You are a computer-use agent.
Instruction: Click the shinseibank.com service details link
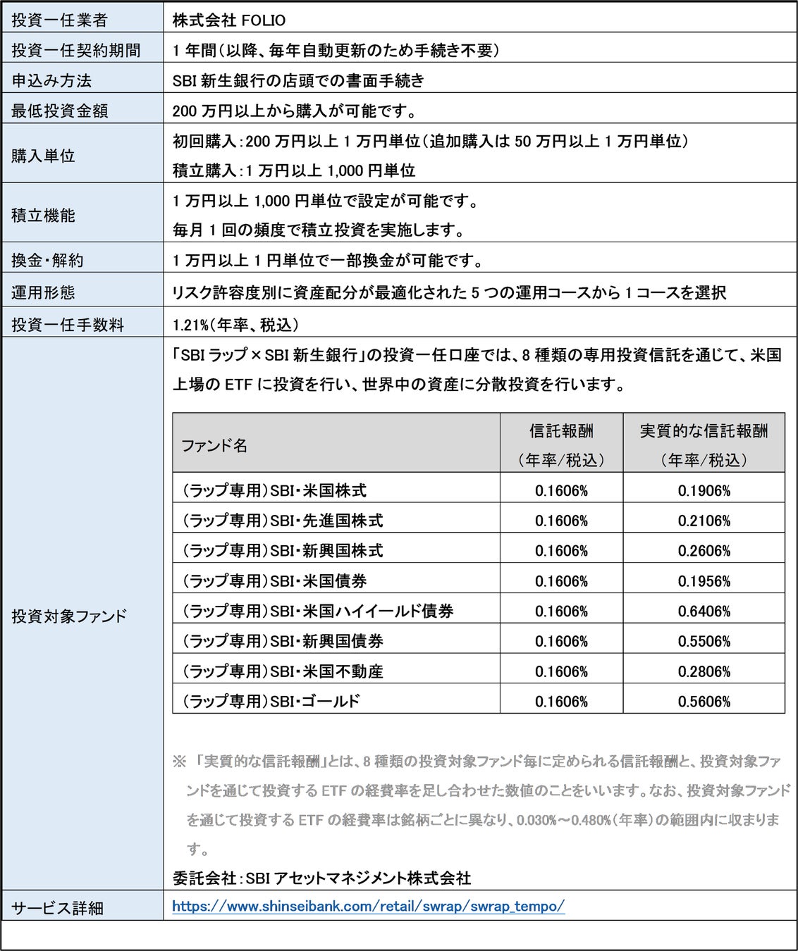point(368,907)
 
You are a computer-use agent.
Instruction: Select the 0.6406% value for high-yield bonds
point(704,611)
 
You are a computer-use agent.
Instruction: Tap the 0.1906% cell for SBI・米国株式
point(704,491)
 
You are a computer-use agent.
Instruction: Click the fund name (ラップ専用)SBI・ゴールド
point(271,702)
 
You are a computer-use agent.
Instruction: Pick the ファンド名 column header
point(214,445)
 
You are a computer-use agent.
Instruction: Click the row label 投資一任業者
point(59,20)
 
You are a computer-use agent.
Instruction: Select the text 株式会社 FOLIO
point(229,20)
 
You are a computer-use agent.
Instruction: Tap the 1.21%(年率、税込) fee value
point(235,325)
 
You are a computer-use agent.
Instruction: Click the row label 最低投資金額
point(59,111)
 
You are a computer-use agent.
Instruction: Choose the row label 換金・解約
point(47,261)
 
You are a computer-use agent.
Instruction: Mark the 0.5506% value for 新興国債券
point(704,642)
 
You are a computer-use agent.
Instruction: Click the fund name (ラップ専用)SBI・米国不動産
point(283,671)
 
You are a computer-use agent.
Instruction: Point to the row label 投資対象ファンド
point(69,616)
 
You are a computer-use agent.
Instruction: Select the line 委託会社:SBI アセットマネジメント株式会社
point(321,878)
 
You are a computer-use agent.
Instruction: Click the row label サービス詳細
point(57,909)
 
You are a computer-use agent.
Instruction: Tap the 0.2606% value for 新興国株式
point(704,551)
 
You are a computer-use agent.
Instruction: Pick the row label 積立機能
point(43,216)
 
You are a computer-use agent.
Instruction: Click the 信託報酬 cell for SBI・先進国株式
point(561,521)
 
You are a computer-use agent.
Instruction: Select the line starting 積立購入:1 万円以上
point(294,170)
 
